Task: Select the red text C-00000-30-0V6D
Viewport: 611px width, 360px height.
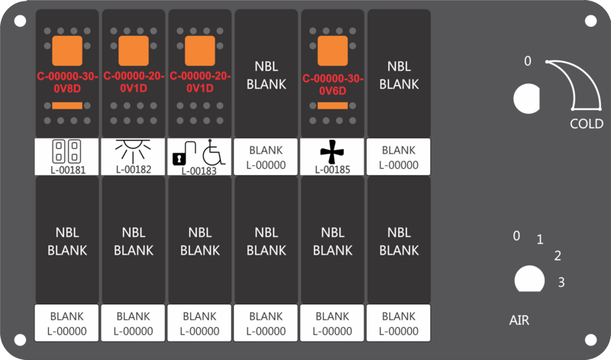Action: pos(333,85)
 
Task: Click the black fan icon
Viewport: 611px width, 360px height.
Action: pos(332,151)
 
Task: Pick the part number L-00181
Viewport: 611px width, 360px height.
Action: pos(68,170)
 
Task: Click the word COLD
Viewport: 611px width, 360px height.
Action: pos(587,124)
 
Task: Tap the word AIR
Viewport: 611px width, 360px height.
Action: pos(519,320)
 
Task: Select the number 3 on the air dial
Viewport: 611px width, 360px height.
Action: pos(561,282)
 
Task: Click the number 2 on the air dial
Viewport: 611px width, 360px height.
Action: pos(558,256)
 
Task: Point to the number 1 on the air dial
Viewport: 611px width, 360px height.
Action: pos(540,239)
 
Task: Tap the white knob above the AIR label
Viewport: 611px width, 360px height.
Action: pos(529,279)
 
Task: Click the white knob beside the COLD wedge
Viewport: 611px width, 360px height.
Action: pos(527,99)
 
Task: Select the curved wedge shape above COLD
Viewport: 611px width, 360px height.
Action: pos(580,84)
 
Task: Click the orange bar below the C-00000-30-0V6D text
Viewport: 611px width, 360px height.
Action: pos(333,105)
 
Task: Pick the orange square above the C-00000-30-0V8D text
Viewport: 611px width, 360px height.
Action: pos(67,50)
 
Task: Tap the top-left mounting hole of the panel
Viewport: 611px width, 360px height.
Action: pos(20,21)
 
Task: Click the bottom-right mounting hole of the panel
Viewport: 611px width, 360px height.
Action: pos(590,340)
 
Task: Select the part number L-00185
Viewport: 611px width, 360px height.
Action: pos(332,170)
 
